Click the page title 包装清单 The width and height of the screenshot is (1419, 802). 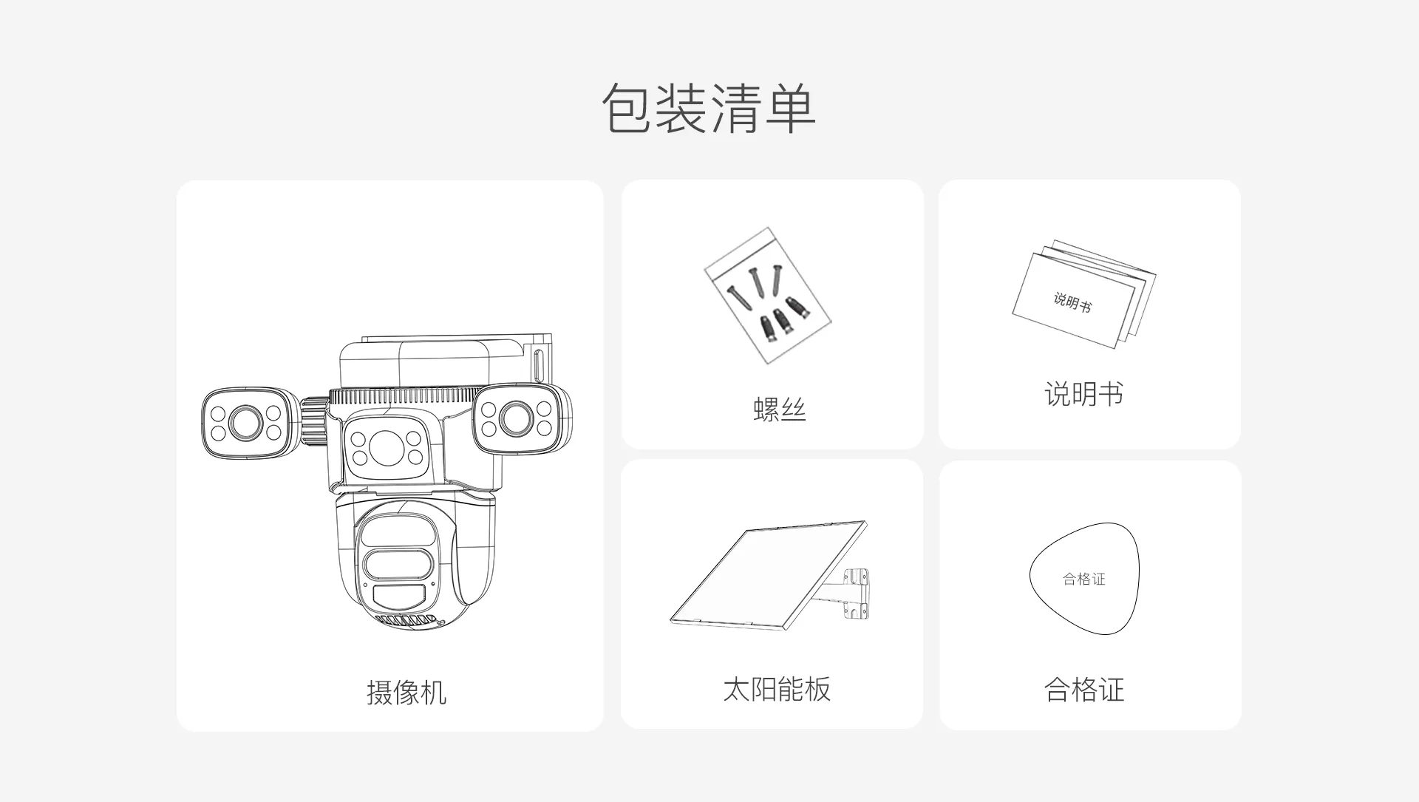point(709,109)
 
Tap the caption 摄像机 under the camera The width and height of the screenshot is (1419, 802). point(406,693)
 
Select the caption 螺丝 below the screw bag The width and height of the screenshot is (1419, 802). point(779,409)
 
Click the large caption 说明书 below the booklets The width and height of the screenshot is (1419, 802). point(1083,394)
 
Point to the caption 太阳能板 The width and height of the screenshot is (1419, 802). point(777,689)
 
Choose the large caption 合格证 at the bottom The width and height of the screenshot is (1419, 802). point(1084,690)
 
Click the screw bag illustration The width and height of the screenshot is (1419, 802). point(767,296)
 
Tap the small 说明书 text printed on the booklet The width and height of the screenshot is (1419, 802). point(1072,302)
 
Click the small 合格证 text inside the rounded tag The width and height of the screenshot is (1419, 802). point(1084,580)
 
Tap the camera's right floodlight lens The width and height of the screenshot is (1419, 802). point(515,419)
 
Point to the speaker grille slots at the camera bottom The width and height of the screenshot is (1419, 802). point(404,619)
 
